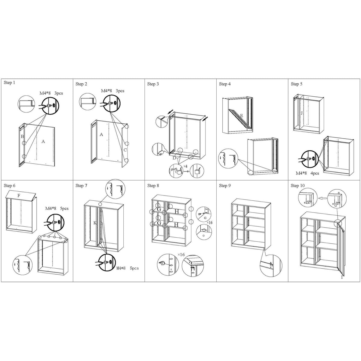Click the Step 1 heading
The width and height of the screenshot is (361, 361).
[9, 83]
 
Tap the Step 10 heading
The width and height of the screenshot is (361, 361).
[298, 186]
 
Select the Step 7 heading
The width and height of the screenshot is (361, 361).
[81, 186]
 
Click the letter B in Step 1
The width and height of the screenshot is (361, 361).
[22, 136]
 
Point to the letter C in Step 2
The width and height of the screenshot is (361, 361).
[125, 150]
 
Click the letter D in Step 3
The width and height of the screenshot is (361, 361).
[174, 158]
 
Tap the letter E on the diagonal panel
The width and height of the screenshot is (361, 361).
[242, 116]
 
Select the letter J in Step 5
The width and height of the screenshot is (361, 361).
[302, 113]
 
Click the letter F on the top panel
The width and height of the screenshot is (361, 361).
[19, 196]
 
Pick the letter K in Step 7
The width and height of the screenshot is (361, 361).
[95, 223]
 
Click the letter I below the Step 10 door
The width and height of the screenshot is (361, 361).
[342, 277]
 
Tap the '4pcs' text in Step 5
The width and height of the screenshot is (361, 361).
[315, 173]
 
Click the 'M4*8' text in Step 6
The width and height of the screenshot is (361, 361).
[51, 208]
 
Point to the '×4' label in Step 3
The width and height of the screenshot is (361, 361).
[185, 166]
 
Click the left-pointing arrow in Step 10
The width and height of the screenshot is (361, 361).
[322, 198]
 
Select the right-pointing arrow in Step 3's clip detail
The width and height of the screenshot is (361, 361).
[186, 171]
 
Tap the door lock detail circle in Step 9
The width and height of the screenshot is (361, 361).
[271, 265]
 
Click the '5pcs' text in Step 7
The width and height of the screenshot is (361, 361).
[134, 268]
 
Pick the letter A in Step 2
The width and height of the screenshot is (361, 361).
[101, 134]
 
